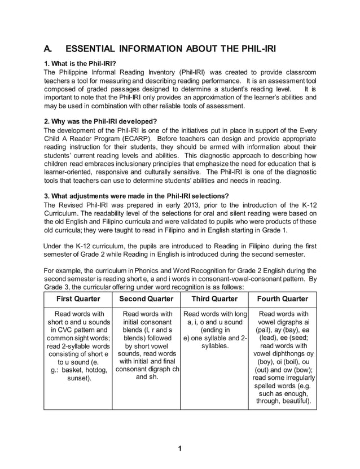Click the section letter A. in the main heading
click(x=49, y=49)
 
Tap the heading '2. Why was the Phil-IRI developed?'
click(x=100, y=121)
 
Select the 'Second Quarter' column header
click(x=146, y=299)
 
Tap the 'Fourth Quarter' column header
click(x=282, y=299)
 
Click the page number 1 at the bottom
click(x=179, y=449)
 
